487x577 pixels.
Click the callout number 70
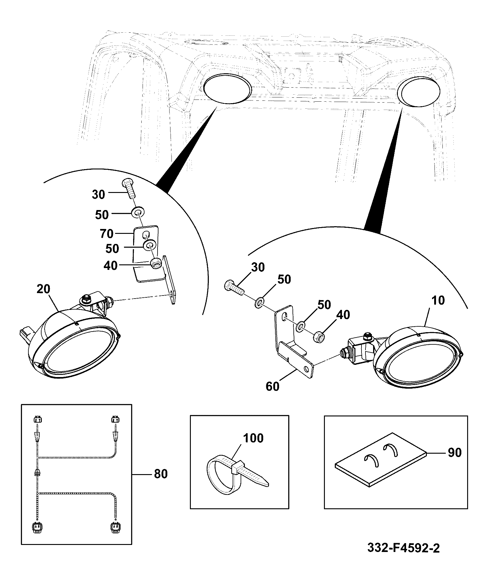(107, 234)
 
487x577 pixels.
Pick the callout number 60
(273, 386)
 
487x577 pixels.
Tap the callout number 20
(43, 289)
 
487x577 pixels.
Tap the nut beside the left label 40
(156, 263)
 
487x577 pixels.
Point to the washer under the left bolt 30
(138, 211)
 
